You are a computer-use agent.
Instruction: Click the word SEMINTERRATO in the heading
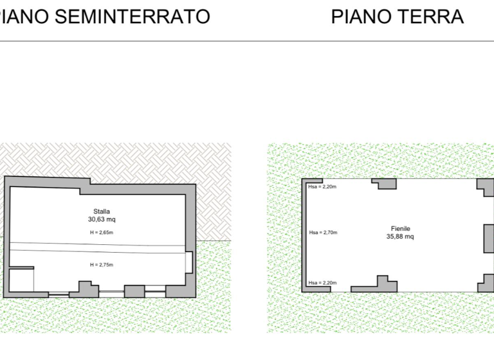[x=133, y=16]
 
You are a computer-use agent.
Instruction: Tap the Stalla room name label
[x=102, y=212]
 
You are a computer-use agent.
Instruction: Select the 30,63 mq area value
[x=102, y=219]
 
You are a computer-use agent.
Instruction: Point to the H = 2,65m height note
[x=102, y=233]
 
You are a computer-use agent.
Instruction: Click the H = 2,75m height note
[x=102, y=265]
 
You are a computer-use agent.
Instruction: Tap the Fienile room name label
[x=401, y=229]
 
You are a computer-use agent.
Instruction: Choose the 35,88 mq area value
[x=400, y=236]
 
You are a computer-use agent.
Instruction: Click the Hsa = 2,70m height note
[x=324, y=233]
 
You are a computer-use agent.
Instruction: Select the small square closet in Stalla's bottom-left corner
[x=21, y=280]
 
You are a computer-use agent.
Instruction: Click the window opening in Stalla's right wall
[x=188, y=262]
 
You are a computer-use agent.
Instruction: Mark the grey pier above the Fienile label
[x=384, y=184]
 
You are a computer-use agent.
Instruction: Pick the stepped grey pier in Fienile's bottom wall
[x=374, y=286]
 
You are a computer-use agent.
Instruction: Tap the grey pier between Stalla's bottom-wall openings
[x=134, y=291]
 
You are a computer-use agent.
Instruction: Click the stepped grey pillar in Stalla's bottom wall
[x=84, y=290]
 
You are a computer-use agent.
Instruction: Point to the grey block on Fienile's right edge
[x=489, y=239]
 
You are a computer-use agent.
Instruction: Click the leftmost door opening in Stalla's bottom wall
[x=59, y=294]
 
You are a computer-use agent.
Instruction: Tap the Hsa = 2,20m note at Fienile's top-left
[x=322, y=186]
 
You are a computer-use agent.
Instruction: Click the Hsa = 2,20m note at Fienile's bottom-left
[x=322, y=282]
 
